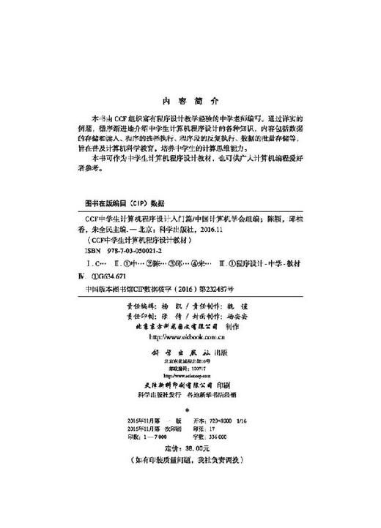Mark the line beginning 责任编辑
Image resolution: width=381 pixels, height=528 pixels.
point(190,301)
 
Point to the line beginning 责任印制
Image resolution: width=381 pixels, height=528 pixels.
point(190,313)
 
